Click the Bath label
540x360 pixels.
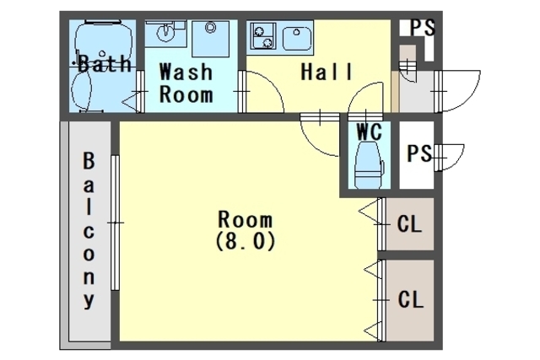pos(105,63)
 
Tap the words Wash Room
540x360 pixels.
pos(186,83)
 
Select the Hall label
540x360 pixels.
pos(327,72)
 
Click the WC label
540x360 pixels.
pos(370,131)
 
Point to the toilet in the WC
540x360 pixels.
pos(370,165)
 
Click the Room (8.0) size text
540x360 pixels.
pos(246,230)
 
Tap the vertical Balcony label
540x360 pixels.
pos(89,230)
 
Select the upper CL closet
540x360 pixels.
pos(410,223)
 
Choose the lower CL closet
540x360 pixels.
pos(410,300)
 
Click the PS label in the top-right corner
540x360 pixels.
pos(423,28)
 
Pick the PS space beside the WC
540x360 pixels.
pos(417,155)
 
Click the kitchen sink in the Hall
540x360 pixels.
pos(297,38)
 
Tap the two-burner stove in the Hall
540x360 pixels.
pos(263,35)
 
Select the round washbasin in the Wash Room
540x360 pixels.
pos(165,33)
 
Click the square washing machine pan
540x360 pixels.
pos(210,38)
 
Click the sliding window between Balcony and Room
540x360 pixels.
pos(115,223)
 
